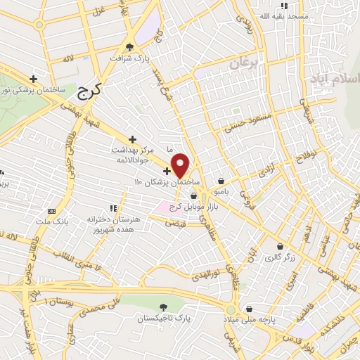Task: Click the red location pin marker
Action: (181, 165)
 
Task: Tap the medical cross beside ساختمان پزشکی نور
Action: (33, 79)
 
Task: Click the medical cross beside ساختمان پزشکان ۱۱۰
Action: (167, 171)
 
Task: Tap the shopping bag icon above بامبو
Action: (221, 180)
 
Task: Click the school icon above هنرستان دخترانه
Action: (112, 207)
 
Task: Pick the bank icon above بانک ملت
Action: (51, 210)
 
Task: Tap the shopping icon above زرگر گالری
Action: (281, 247)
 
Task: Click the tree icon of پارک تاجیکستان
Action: (164, 307)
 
